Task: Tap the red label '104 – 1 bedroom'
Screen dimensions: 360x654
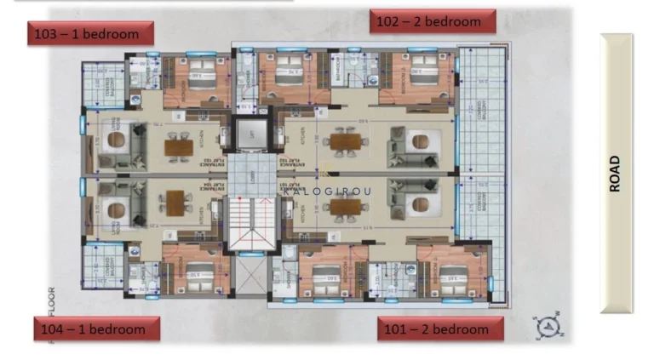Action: [x=96, y=328]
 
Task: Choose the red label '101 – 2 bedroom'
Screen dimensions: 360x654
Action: [x=440, y=329]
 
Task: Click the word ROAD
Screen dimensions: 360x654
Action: [x=616, y=174]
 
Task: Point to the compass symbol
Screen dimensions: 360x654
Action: [x=548, y=325]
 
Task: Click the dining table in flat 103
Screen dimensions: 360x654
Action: [x=180, y=147]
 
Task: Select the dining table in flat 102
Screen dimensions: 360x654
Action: [x=345, y=141]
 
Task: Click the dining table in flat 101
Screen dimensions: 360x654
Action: [x=345, y=207]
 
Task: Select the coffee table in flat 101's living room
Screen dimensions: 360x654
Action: [x=418, y=205]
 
